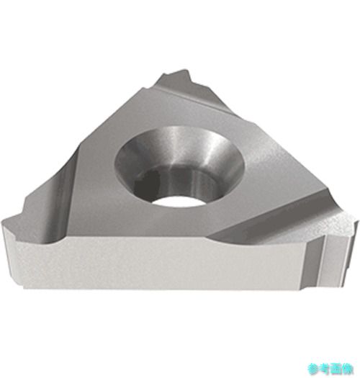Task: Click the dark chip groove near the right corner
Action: point(277,217)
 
